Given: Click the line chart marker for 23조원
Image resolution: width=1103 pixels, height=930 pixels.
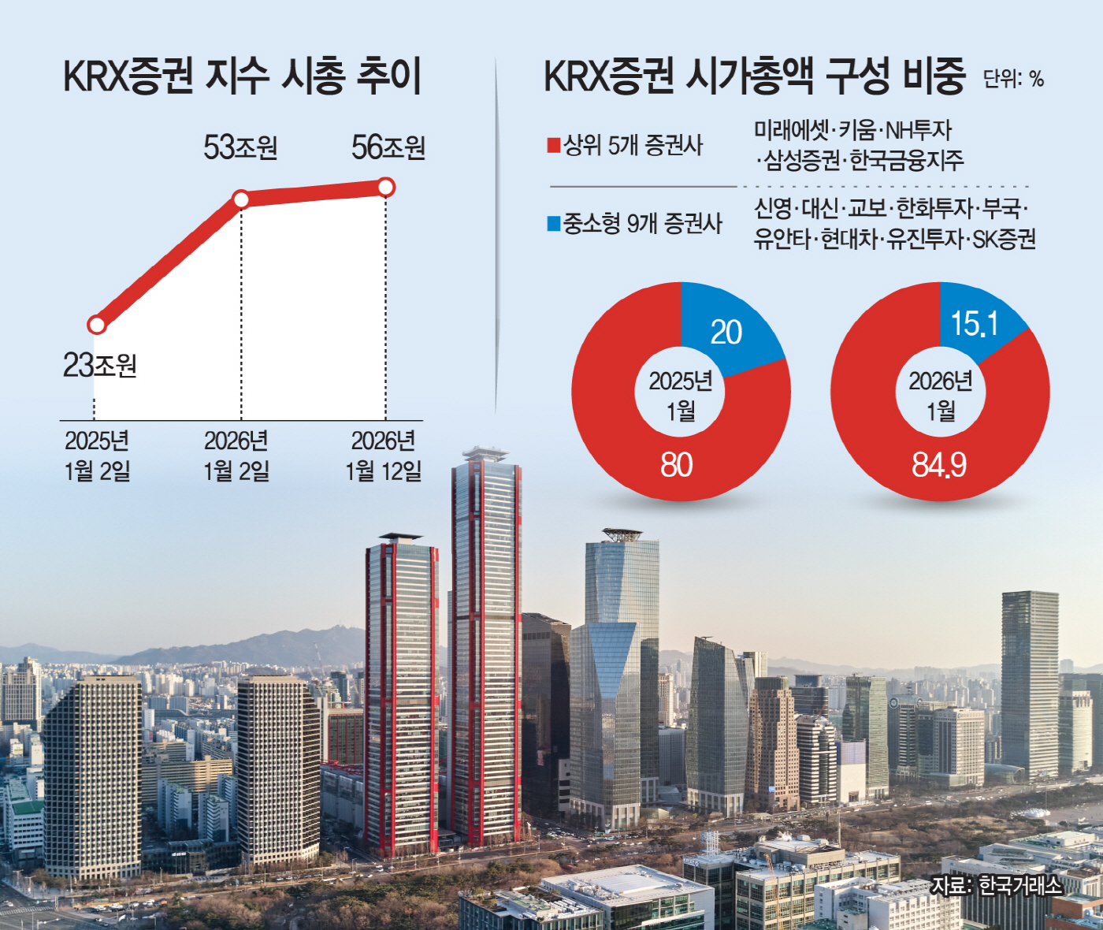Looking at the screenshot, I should pos(97,325).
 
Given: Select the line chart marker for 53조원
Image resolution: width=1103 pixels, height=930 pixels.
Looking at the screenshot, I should pos(241,199).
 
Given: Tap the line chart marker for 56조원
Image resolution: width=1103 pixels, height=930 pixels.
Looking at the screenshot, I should pos(385,187).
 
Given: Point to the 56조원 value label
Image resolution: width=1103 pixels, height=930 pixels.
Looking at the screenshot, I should pos(388,148).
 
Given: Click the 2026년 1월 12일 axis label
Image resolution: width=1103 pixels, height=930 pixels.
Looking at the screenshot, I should pos(384,456).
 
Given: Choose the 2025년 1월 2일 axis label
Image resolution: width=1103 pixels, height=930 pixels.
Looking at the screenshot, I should pos(97,456).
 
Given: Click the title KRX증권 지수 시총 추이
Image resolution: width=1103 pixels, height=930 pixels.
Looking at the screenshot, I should pos(242,77).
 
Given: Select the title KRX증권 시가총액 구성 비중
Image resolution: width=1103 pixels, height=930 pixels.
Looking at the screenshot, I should pos(754,77).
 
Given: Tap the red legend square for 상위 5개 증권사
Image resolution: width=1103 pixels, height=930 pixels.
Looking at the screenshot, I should pos(554,146).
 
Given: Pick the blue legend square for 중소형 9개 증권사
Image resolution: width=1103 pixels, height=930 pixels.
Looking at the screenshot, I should pos(554,224).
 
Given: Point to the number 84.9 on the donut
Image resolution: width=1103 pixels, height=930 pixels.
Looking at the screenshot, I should pos(939,465).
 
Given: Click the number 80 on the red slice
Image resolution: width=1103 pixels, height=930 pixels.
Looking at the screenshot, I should pos(676,465).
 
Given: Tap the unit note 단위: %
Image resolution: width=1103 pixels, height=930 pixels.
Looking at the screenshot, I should pos(1013,79).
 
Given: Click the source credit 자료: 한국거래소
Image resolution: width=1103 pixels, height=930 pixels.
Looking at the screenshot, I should pos(996,885).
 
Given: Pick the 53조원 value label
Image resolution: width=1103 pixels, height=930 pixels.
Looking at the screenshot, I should pos(240,148).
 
